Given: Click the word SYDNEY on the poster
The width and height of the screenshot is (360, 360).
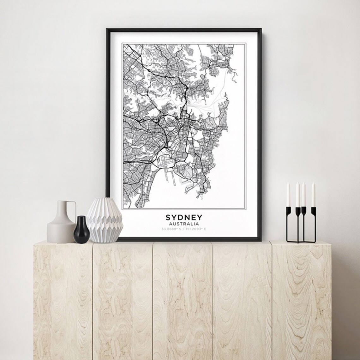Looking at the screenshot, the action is [x=183, y=218].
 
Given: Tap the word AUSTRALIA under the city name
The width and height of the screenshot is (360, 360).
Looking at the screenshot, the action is [x=183, y=224].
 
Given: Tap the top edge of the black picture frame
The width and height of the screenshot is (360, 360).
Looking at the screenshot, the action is [x=183, y=29].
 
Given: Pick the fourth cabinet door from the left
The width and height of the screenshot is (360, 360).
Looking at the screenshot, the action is [x=242, y=300].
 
